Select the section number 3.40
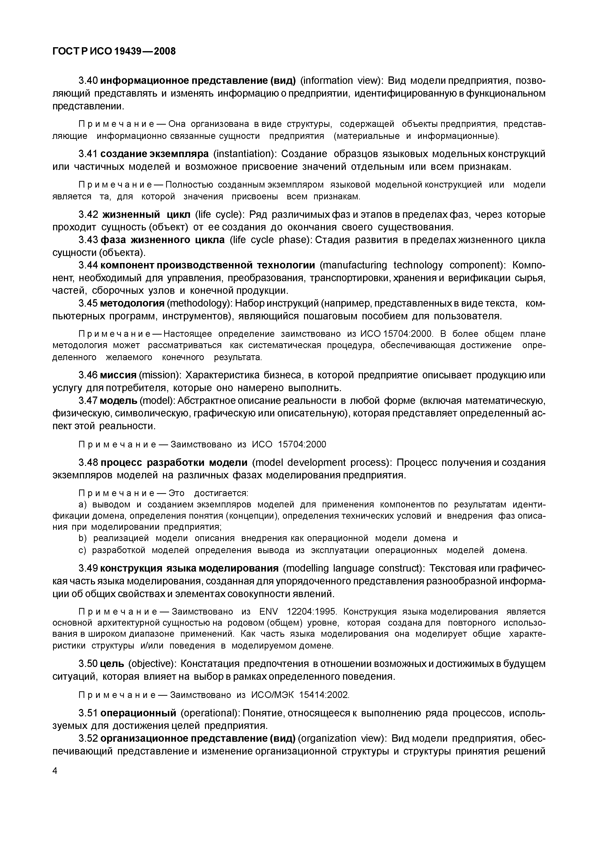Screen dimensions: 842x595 [x=88, y=81]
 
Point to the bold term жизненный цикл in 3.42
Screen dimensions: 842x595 [x=146, y=214]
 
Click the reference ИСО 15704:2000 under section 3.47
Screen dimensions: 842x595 [x=289, y=444]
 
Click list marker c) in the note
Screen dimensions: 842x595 [x=82, y=550]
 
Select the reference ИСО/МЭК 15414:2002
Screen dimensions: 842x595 [x=300, y=695]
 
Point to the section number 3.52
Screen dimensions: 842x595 [x=88, y=738]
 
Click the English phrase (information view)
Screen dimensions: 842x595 [x=342, y=81]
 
